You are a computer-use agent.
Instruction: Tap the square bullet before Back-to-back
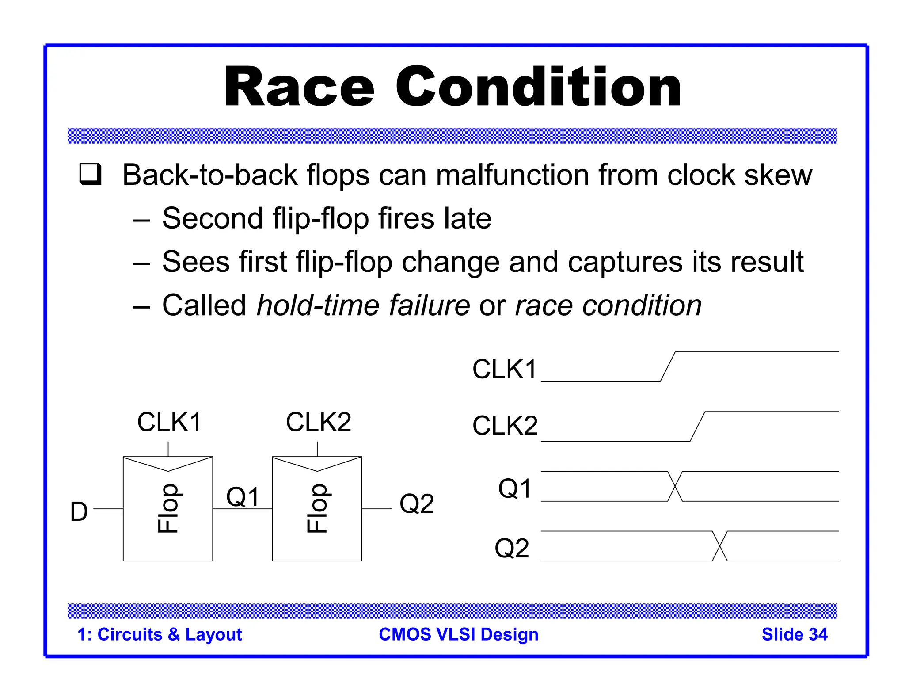tap(91, 174)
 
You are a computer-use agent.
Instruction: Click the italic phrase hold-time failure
tap(363, 305)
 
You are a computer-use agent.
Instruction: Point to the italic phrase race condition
tap(608, 305)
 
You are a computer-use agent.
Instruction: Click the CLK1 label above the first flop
tap(169, 422)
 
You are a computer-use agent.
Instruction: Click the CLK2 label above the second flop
tap(318, 422)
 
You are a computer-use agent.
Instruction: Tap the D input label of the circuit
tap(79, 512)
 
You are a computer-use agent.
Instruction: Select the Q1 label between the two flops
tap(243, 496)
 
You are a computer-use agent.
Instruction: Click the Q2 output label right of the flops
tap(416, 504)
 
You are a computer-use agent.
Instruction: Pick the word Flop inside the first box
tap(168, 508)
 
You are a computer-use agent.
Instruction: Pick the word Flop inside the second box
tap(317, 508)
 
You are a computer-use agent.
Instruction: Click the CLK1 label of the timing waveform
tap(504, 369)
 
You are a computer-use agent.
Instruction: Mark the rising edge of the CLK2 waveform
tap(697, 427)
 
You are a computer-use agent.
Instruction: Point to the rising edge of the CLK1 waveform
tap(668, 367)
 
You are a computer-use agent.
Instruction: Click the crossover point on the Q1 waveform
tap(675, 486)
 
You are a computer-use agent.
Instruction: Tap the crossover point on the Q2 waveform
tap(720, 546)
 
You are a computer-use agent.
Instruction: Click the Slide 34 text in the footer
tap(794, 634)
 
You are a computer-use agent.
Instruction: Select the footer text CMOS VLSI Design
tap(458, 634)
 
